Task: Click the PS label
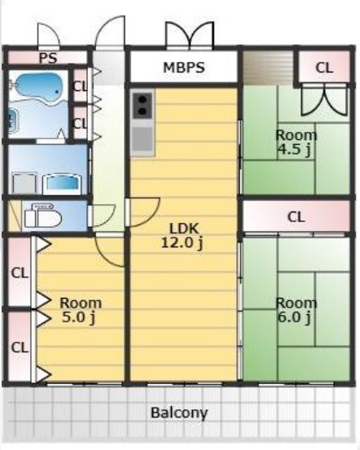coord(48,59)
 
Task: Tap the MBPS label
coord(184,68)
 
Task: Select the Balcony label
coord(179,413)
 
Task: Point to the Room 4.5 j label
coord(296,142)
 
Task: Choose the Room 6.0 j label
coord(296,311)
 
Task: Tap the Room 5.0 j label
coord(81,311)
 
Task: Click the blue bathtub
coord(38,87)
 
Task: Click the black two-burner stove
coord(142,106)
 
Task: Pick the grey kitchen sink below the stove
coord(142,139)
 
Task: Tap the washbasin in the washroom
coord(63,183)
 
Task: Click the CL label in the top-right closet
coord(324,68)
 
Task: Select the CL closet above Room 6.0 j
coord(296,217)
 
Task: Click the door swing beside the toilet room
coord(103,216)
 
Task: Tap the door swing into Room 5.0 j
coord(110,251)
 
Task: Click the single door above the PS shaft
coord(49,35)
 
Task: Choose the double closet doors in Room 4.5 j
coord(324,99)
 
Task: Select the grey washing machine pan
coord(24,182)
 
